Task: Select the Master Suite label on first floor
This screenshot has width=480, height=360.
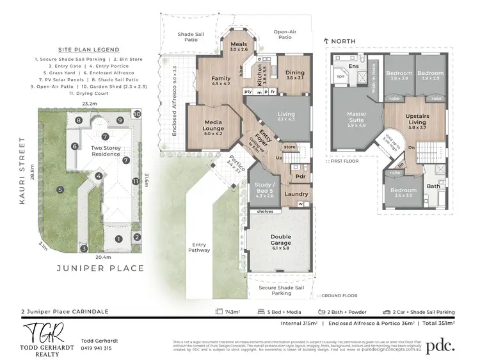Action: tap(356, 117)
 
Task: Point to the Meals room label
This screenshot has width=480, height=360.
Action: tap(238, 45)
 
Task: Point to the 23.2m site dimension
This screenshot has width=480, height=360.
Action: tap(90, 103)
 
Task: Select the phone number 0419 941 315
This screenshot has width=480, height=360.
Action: tap(96, 348)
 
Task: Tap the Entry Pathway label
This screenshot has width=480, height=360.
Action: tap(200, 247)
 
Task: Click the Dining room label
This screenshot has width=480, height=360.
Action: tap(295, 73)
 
